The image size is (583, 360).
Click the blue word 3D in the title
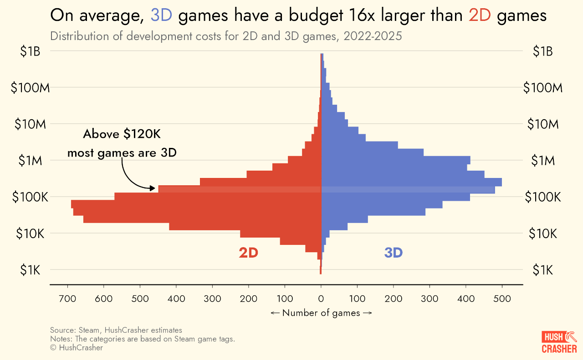pyautogui.click(x=161, y=16)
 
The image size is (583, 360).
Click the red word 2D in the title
pyautogui.click(x=480, y=16)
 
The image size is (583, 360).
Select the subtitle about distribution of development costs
pyautogui.click(x=226, y=36)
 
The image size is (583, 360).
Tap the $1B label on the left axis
pyautogui.click(x=31, y=51)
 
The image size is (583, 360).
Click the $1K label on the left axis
pyautogui.click(x=31, y=270)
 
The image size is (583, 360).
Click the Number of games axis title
pyautogui.click(x=321, y=313)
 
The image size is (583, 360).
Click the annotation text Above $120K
pyautogui.click(x=122, y=134)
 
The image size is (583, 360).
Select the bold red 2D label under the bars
pyautogui.click(x=248, y=253)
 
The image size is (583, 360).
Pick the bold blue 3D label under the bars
pyautogui.click(x=393, y=253)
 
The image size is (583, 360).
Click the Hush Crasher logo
pyautogui.click(x=559, y=342)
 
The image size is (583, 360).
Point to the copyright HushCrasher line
pyautogui.click(x=77, y=348)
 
